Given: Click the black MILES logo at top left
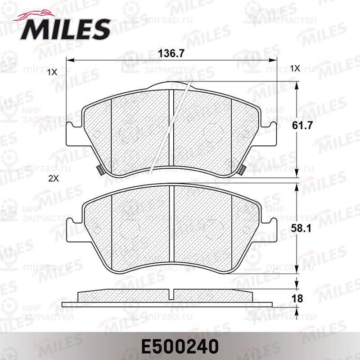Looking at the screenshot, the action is pos(65,29).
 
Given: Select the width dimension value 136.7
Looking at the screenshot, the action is pos(171,54).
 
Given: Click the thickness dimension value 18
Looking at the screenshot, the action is pos(297,298).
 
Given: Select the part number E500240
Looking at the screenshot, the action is pos(180,346).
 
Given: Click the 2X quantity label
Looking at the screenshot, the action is pos(54,178).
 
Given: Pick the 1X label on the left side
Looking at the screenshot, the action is pos(52,72).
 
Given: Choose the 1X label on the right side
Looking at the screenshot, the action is pos(295,68).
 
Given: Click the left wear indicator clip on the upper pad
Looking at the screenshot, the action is pos(99,170).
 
